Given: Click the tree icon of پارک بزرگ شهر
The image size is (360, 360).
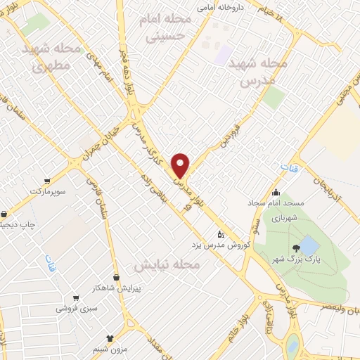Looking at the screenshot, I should pos(296,247).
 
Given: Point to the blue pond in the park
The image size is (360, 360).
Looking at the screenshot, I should pos(309,246).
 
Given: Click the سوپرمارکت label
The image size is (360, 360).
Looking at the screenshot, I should pos(46,191).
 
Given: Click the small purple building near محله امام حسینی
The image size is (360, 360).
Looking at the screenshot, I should pos(224,54).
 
